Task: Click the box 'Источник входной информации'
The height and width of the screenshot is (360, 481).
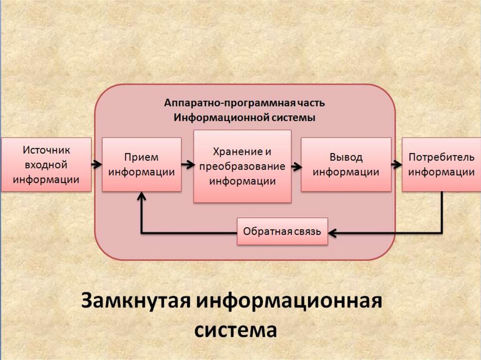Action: (46, 164)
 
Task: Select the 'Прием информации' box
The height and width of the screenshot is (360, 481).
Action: (141, 164)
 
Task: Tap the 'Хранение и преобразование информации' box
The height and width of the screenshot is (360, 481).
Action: (242, 166)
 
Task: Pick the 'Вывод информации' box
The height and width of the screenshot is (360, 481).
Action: (346, 164)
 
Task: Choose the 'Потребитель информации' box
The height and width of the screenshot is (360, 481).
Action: (441, 164)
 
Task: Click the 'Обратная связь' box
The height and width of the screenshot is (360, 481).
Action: (282, 231)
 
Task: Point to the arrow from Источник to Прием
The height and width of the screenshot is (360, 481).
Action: (97, 164)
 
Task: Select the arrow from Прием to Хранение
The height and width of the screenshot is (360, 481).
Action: (187, 164)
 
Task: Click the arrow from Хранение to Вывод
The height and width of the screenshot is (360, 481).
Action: (296, 165)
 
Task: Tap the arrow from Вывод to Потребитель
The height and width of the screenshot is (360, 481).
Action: (396, 164)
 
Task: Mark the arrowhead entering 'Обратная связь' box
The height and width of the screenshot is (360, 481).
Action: (332, 232)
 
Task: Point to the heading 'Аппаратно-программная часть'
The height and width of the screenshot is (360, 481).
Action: (244, 103)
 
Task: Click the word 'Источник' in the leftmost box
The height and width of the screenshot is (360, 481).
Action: (46, 150)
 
